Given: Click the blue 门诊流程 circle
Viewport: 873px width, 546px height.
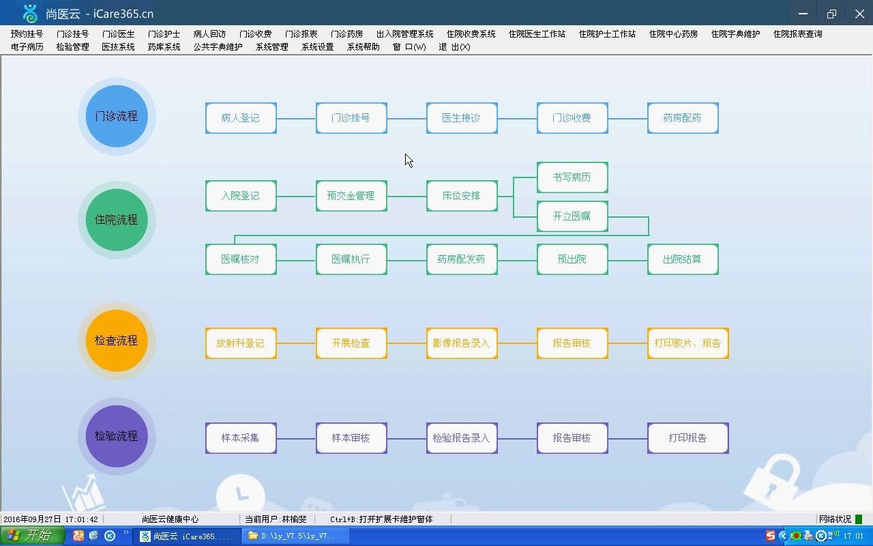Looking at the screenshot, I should coord(117,116).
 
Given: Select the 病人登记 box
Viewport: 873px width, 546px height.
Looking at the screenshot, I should coord(241,118).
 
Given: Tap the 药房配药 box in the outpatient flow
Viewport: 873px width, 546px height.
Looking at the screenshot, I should coord(683,118).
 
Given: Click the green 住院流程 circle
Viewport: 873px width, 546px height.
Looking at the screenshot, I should coord(117,220).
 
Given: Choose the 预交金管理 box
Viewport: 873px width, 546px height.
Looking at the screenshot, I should coord(351,196).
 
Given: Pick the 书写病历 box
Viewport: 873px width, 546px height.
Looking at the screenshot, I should coord(572,177).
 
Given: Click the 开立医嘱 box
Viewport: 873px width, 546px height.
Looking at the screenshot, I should coord(572,216).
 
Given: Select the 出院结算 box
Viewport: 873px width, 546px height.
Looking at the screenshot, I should coord(683,259).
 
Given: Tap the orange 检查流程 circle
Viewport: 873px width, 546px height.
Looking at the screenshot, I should coord(117,341).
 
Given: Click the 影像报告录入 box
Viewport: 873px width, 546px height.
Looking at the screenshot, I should coord(462,343).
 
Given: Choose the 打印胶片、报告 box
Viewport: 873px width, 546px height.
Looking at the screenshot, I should coord(687,343).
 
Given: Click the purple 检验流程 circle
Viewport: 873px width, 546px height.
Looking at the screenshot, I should coord(117,436).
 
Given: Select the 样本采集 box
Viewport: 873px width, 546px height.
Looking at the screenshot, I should coord(241,438).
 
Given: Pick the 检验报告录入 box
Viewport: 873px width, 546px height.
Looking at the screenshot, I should coord(462,438).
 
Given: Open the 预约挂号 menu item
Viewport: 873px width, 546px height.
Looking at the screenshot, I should coord(27,34).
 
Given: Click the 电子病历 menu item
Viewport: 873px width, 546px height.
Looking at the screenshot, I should coord(27,47).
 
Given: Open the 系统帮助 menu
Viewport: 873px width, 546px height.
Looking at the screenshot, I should coord(364,47).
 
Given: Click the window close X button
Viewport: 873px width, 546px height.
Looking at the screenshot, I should coord(859,14).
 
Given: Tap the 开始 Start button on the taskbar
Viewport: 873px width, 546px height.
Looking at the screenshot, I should coord(33,536).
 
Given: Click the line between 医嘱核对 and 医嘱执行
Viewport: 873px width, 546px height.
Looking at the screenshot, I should coord(297,260).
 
